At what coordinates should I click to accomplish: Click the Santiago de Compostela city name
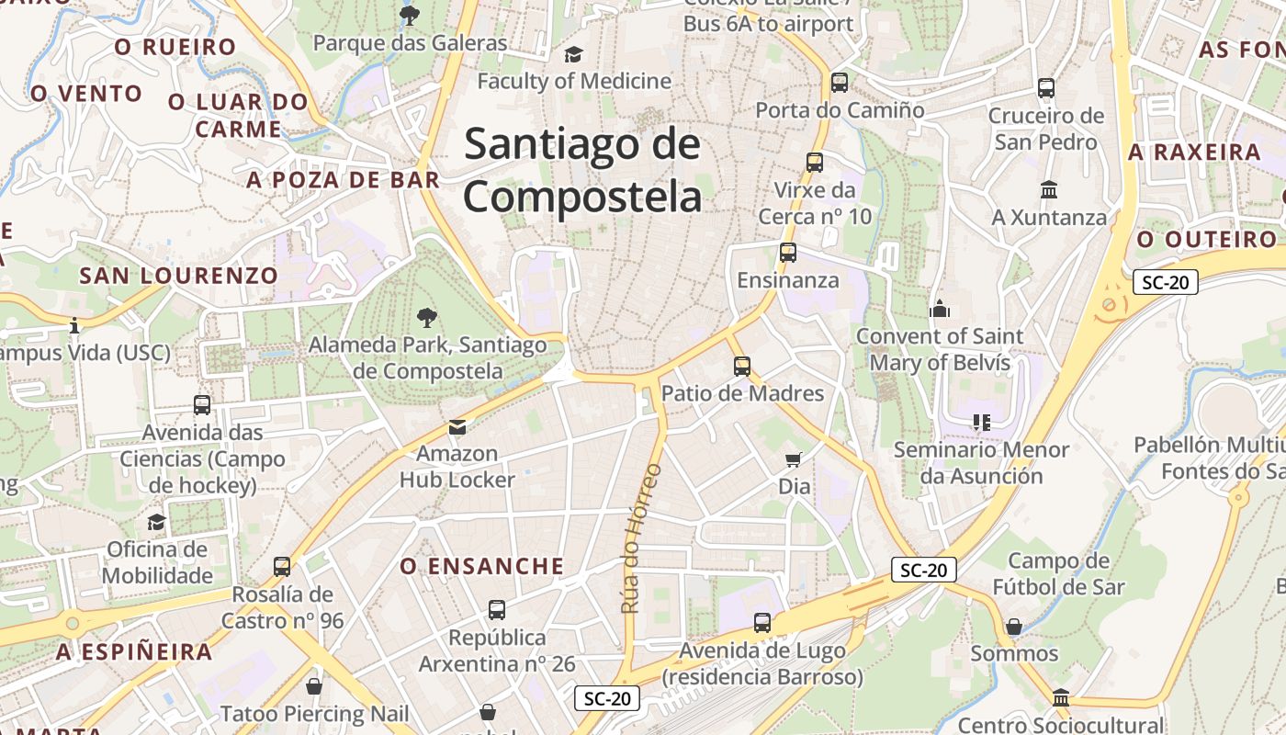pyautogui.click(x=582, y=171)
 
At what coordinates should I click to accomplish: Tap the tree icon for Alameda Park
pyautogui.click(x=427, y=318)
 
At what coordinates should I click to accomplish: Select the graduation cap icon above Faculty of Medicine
pyautogui.click(x=573, y=55)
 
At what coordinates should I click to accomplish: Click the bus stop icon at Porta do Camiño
pyautogui.click(x=840, y=83)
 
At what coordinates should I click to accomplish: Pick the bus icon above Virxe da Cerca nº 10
pyautogui.click(x=814, y=163)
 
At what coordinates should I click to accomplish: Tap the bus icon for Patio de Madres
pyautogui.click(x=742, y=367)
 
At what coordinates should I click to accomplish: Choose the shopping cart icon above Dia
pyautogui.click(x=794, y=458)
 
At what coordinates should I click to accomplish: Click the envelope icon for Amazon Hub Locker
pyautogui.click(x=457, y=426)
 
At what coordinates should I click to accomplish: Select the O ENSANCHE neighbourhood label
pyautogui.click(x=482, y=566)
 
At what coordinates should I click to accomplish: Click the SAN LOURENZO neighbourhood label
pyautogui.click(x=178, y=276)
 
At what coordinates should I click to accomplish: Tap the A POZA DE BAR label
pyautogui.click(x=344, y=180)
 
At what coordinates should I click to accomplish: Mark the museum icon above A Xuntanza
pyautogui.click(x=1048, y=190)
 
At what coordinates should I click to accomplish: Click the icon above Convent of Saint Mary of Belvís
pyautogui.click(x=939, y=310)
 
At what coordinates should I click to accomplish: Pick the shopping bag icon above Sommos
pyautogui.click(x=1014, y=627)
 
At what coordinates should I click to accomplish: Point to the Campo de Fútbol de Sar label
pyautogui.click(x=1058, y=574)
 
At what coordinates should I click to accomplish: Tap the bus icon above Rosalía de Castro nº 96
pyautogui.click(x=282, y=567)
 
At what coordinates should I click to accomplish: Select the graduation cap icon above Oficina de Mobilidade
pyautogui.click(x=157, y=523)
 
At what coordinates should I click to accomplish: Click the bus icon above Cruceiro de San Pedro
pyautogui.click(x=1046, y=88)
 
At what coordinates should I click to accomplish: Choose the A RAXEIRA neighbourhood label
pyautogui.click(x=1194, y=153)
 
